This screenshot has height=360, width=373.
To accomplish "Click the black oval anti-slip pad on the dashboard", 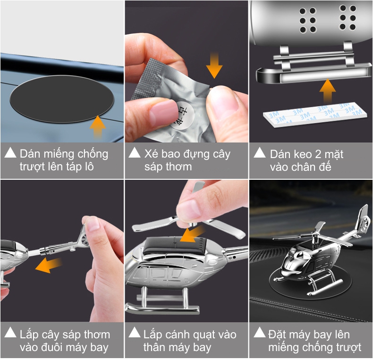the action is [62, 99].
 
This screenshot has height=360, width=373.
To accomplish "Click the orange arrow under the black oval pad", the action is [98, 126].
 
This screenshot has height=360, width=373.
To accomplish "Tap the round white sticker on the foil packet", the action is [183, 116].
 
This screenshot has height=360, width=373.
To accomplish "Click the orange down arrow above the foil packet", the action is [214, 65].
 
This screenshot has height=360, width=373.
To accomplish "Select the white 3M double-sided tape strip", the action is [313, 115].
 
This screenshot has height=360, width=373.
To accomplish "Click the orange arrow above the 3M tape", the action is [328, 91].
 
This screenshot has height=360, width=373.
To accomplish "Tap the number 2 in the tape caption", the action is [318, 154].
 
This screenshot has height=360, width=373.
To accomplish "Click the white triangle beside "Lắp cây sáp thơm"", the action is [10, 332].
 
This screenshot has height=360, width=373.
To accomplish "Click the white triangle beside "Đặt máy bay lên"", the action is [260, 332].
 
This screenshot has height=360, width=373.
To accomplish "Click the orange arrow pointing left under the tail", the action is [49, 265].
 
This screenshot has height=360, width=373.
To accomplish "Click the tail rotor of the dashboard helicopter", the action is [364, 223].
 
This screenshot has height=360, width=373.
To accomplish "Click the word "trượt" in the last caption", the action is [348, 348].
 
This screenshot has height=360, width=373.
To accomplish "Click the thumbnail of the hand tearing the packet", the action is [186, 71].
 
